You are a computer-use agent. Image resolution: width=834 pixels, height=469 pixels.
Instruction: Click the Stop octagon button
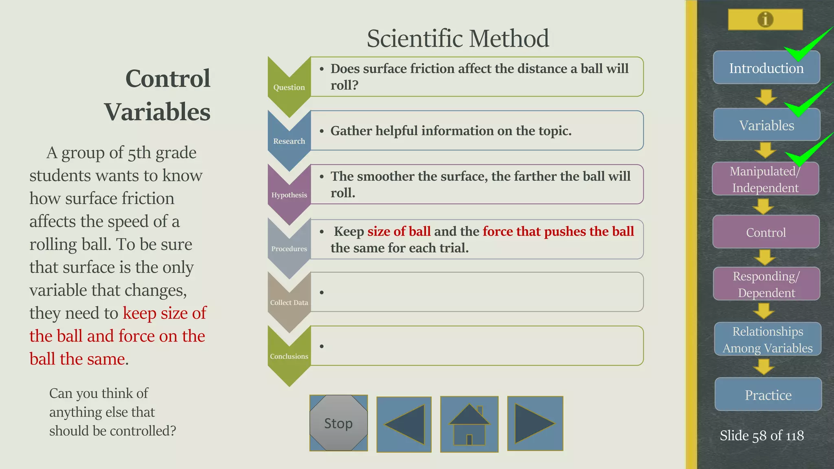pos(338,423)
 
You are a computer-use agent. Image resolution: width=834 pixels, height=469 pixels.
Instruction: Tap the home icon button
pos(469,424)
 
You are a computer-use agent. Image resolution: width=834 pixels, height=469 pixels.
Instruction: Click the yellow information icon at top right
pos(765,19)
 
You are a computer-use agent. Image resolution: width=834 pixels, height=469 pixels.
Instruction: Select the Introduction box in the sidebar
pos(766,68)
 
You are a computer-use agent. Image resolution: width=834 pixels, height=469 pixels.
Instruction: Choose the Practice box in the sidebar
pos(768,394)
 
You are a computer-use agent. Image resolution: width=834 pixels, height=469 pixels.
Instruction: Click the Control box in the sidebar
pos(766,232)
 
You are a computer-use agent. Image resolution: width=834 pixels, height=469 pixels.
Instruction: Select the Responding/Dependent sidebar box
pos(766,284)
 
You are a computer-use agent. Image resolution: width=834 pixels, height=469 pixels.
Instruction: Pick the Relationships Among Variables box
pos(767,339)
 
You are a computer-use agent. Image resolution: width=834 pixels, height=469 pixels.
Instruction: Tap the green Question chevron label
pos(289,87)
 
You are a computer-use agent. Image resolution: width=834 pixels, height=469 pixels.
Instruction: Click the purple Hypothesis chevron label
pos(289,195)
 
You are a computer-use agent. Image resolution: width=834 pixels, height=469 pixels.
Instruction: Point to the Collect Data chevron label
pos(289,302)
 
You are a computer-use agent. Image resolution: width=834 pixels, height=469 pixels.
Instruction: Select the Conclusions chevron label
pos(289,356)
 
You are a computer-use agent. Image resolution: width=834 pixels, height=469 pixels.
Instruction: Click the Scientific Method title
pos(458,38)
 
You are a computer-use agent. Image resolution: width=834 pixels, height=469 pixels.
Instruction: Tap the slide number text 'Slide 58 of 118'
pos(762,436)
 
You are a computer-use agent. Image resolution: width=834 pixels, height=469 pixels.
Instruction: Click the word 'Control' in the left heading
pos(168,78)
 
